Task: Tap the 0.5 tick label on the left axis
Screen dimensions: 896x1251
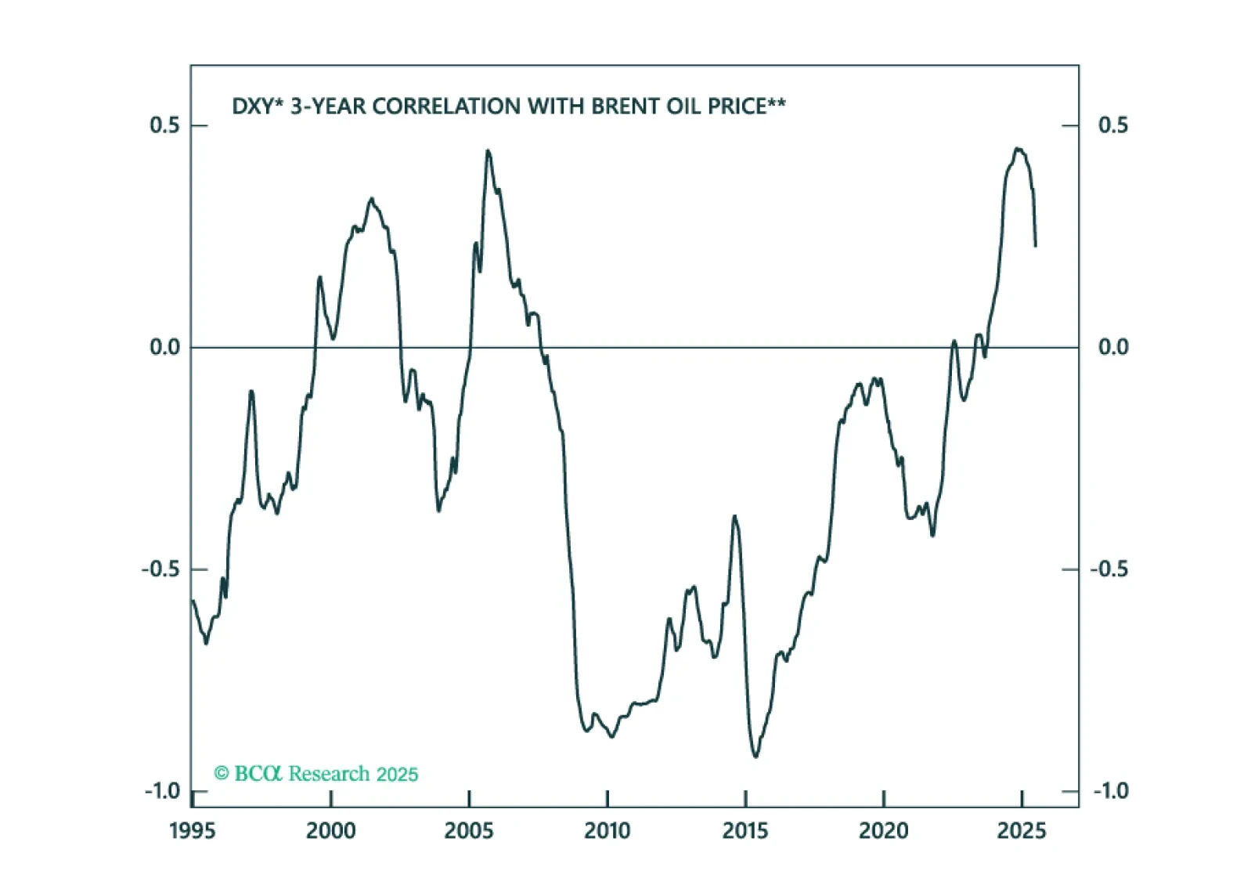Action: (x=164, y=125)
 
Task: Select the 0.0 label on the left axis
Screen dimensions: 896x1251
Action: (x=164, y=347)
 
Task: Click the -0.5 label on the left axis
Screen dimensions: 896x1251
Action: (x=160, y=569)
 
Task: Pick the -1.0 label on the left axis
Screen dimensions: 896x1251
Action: (x=162, y=791)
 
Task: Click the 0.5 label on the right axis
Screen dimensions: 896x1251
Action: (x=1112, y=125)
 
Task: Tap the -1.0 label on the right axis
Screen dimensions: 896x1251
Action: (x=1110, y=791)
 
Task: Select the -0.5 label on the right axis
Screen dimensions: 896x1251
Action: (x=1109, y=569)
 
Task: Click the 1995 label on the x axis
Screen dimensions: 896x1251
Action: (x=193, y=831)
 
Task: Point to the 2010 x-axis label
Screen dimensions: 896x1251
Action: (x=607, y=831)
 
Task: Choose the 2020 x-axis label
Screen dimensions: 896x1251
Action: (x=883, y=831)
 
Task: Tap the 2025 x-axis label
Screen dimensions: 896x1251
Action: (x=1022, y=831)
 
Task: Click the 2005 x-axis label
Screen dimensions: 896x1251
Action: (x=469, y=831)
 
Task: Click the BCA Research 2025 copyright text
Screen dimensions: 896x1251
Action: (x=316, y=774)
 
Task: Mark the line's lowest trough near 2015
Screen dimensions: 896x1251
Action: (x=755, y=757)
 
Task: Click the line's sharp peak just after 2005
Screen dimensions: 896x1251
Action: (x=488, y=150)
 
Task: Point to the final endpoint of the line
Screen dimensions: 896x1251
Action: (x=1036, y=246)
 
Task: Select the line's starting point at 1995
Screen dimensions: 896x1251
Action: (x=193, y=600)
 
